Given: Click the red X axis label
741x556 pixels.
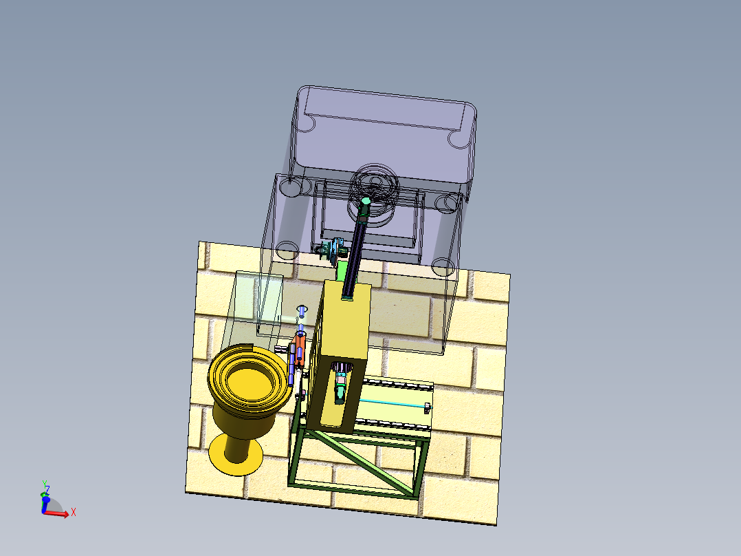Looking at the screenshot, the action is pos(74,512).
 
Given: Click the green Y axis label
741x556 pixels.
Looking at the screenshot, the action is pos(44,484).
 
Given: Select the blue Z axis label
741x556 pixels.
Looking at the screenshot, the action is pos(47,490).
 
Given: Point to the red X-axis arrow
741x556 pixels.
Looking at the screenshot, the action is pos(56,513).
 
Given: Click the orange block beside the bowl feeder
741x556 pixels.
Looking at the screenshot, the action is pos(300,351).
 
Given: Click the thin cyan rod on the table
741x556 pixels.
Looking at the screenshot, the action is pos(392,403).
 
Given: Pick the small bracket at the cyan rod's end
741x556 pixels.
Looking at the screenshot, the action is pos(428,407).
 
